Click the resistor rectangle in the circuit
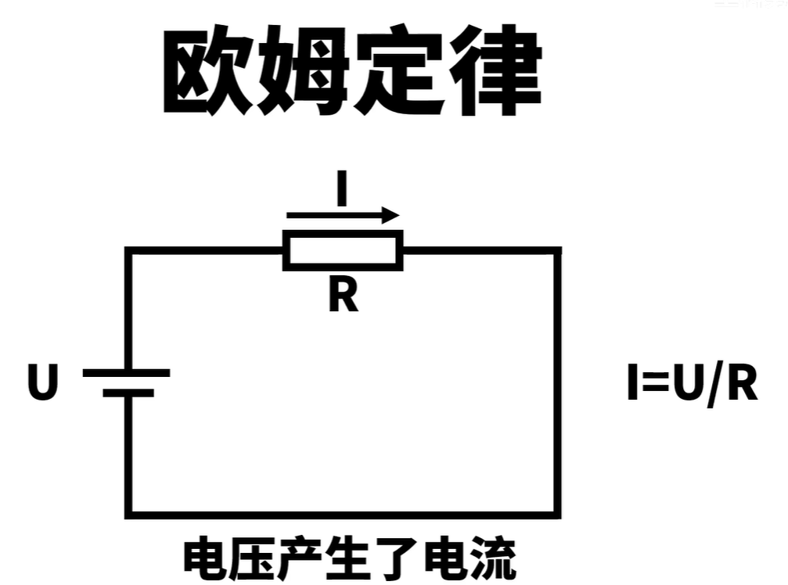point(343,250)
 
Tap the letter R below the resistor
point(343,296)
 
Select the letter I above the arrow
point(341,191)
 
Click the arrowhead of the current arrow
point(391,215)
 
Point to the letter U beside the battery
point(43,384)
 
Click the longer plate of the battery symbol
point(126,373)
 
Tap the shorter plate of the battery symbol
point(128,393)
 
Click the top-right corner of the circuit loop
point(558,251)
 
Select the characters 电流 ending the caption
point(470,559)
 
